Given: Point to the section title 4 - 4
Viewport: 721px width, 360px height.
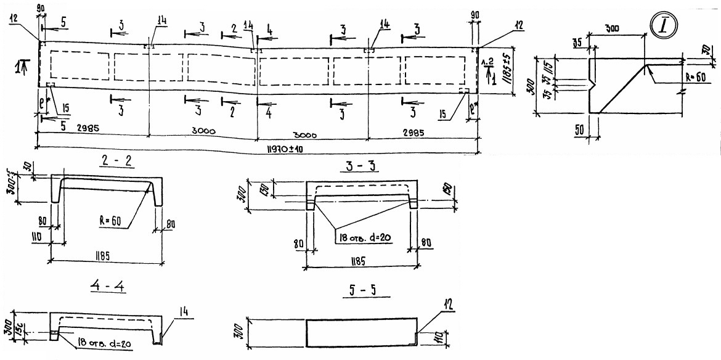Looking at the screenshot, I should [107, 288].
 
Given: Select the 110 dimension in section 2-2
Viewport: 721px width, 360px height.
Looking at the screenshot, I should [39, 236].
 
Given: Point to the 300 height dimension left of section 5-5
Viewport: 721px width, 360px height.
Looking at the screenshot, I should [242, 333].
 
